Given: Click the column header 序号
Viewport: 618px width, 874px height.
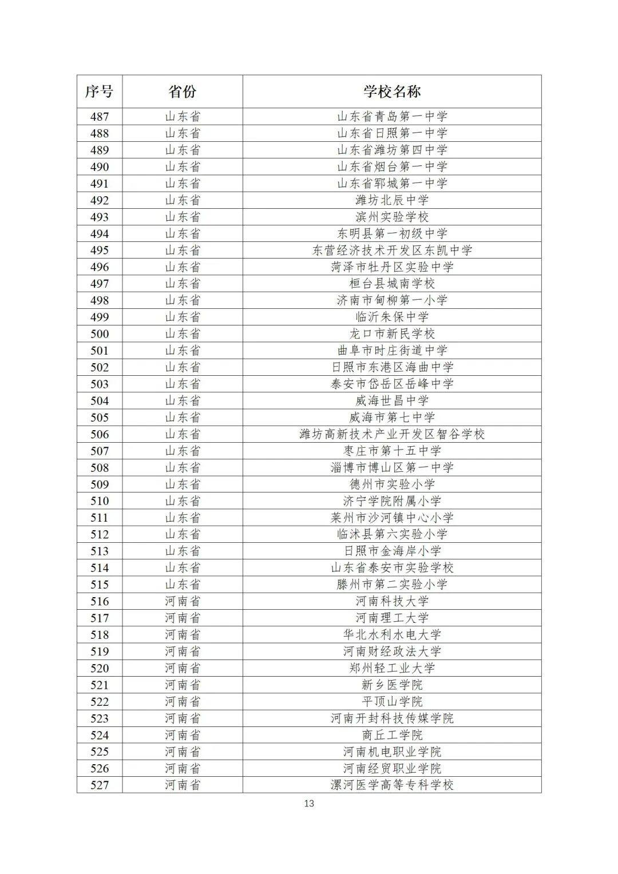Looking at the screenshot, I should tap(99, 92).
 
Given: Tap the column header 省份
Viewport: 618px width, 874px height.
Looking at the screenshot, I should tap(183, 92).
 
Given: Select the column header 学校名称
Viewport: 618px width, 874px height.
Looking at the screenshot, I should tap(392, 92).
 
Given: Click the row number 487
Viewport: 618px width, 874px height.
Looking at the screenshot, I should tap(99, 117).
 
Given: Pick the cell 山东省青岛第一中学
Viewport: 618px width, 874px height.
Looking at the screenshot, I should tap(392, 117).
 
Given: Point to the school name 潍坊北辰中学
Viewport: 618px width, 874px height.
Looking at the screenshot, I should tap(392, 200).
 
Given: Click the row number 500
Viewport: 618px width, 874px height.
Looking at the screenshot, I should tap(99, 334).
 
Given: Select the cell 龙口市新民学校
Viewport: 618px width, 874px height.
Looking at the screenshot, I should tap(392, 334).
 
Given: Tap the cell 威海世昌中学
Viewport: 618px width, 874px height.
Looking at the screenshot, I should tap(392, 401).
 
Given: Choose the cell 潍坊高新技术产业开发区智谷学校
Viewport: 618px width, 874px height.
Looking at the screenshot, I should tap(392, 434).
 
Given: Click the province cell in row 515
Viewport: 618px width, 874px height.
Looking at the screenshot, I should tap(183, 585).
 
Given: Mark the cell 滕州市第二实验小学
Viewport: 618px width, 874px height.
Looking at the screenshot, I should tap(392, 585).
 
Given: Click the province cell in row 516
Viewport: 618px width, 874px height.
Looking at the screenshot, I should tap(183, 601).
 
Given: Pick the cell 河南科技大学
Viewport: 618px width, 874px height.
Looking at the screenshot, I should tap(392, 601).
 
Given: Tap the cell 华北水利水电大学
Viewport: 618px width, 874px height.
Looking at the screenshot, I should tap(392, 635).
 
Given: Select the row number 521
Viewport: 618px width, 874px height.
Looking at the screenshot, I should tap(99, 685).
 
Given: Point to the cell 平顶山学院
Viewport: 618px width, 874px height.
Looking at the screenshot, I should tap(392, 701).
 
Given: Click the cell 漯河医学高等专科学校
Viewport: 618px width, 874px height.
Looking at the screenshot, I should tap(392, 785).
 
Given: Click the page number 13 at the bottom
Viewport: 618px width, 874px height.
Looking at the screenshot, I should tap(309, 804).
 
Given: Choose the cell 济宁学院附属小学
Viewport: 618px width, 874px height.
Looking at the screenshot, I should tap(392, 501).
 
